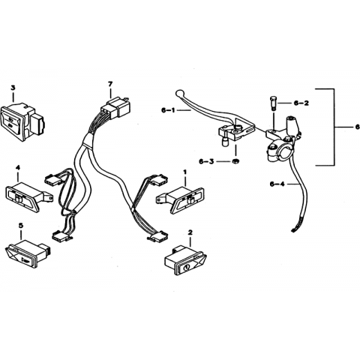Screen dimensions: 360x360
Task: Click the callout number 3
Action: point(13,88)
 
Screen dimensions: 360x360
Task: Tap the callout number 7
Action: point(110,84)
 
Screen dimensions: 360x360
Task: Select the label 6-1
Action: point(168,110)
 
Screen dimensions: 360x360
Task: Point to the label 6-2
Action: point(301,103)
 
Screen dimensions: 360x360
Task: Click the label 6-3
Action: point(206,161)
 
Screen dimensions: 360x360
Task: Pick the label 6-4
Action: point(277,184)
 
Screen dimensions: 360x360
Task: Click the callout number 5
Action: point(21,226)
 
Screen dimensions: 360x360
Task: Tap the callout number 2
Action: point(190,232)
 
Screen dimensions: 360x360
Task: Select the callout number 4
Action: point(18,167)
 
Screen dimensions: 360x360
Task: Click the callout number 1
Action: point(184,172)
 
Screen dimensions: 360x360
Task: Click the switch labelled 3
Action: point(23,121)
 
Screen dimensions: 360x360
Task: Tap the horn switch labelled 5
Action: point(28,253)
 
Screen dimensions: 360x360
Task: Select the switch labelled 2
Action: point(185,260)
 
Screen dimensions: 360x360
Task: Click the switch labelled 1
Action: point(181,200)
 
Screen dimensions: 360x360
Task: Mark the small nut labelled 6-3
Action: point(235,161)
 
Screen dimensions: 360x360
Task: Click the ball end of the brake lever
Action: point(179,93)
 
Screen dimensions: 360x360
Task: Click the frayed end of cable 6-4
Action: point(295,228)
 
